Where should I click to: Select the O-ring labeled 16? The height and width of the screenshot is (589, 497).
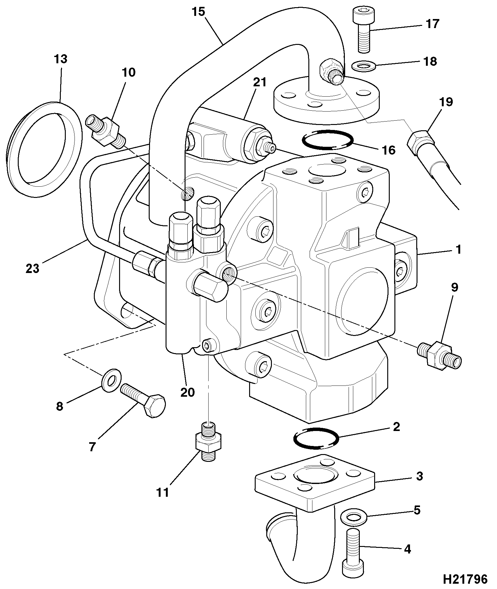(328, 140)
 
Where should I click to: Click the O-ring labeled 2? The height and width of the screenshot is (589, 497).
(316, 438)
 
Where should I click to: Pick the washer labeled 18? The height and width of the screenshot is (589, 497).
(364, 66)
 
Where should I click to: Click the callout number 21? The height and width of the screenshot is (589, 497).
(260, 82)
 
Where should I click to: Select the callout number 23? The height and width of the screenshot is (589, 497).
(33, 268)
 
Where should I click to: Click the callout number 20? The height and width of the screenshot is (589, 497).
(187, 392)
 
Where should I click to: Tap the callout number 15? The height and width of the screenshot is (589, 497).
(198, 12)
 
